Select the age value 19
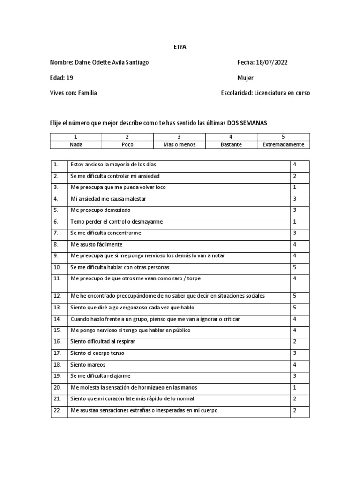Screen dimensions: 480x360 point(70,78)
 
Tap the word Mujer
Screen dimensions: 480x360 point(246,78)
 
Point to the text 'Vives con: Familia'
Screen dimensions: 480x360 point(74,93)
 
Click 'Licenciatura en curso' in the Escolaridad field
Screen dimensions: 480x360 point(282,93)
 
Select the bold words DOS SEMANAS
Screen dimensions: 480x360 point(247,122)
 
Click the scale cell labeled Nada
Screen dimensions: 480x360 point(76,144)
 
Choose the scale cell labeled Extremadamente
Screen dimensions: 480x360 point(283,144)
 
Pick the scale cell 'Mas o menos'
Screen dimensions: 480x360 point(179,144)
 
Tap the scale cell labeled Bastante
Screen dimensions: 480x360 point(231,144)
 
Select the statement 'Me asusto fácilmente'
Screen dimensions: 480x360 point(97,244)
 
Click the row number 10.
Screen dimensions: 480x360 point(57,267)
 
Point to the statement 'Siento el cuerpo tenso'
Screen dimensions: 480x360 point(97,353)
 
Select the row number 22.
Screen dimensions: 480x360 point(57,410)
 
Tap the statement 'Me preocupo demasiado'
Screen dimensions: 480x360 point(100,210)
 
